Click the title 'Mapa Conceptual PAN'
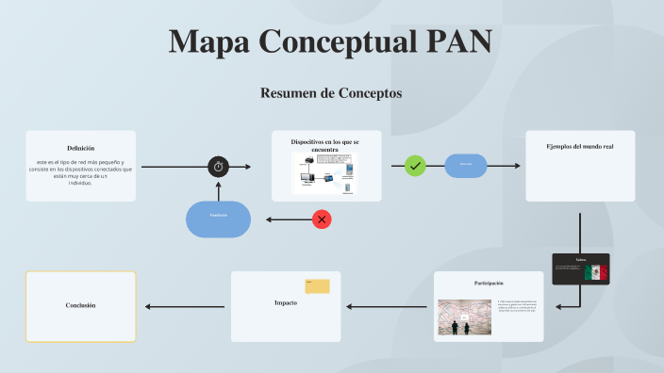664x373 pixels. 331,43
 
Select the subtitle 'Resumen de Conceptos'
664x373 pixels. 331,93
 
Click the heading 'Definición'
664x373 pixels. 80,149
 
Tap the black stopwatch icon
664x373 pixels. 219,167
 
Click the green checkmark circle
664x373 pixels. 415,166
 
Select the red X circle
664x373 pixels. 322,219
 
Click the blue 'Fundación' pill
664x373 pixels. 219,219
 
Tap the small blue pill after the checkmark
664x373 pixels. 465,166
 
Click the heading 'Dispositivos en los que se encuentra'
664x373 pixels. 324,144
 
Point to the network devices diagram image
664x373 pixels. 324,173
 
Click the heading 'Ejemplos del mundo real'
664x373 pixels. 580,147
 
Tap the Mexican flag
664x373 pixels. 595,272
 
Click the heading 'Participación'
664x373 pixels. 489,283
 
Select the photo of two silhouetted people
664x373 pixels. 464,317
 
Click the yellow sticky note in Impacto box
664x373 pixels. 317,286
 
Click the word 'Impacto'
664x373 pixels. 286,303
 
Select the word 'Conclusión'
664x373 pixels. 80,306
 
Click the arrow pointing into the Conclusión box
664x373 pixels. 184,306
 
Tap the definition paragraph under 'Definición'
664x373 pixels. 80,172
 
